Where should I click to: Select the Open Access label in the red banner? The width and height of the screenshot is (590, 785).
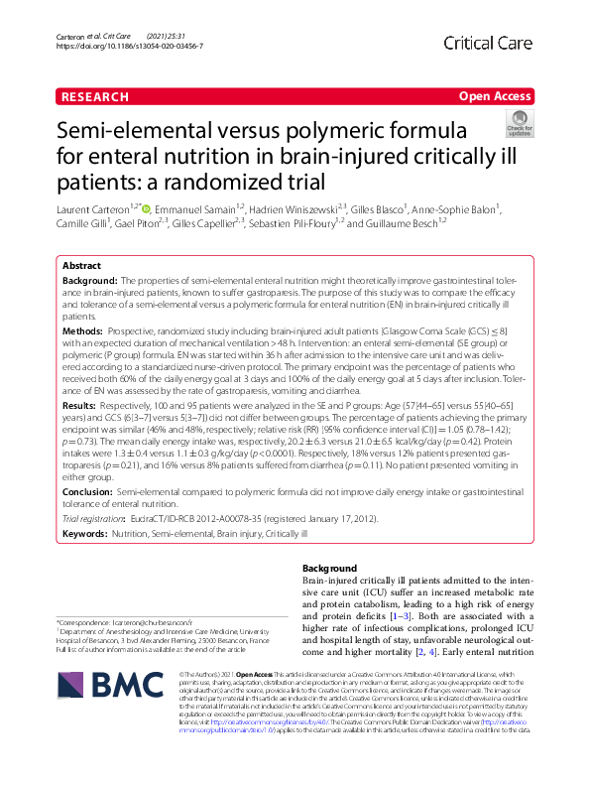(495, 96)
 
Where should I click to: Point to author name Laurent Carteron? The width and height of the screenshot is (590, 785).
(97, 209)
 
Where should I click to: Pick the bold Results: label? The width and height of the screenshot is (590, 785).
(84, 406)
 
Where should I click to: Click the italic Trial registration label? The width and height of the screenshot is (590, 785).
(95, 519)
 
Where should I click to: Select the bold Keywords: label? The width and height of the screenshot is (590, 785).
(87, 533)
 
